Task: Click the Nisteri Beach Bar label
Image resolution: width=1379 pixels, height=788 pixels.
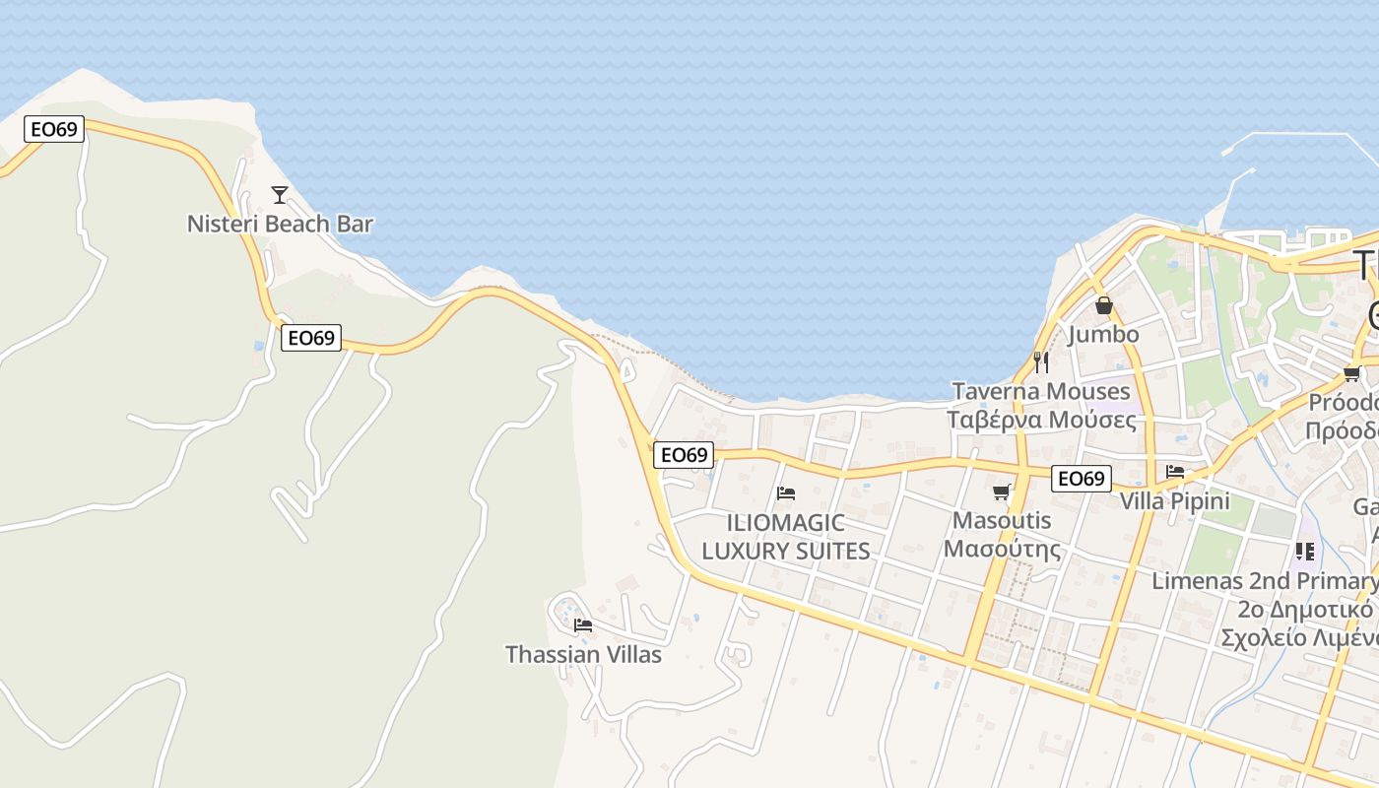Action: point(280,224)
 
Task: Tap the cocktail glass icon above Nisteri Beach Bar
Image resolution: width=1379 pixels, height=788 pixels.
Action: point(280,195)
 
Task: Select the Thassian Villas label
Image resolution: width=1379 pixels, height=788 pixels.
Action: point(583,654)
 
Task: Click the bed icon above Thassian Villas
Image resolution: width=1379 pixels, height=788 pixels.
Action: point(583,624)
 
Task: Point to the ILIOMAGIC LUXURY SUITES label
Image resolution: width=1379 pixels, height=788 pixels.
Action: point(786,537)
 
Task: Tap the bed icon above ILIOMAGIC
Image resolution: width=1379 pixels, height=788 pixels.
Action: point(786,492)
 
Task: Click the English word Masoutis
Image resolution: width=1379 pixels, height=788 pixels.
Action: point(1003,520)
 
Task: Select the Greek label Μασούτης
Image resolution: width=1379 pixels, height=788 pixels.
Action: point(1003,548)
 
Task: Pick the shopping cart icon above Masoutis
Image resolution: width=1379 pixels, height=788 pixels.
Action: point(1002,492)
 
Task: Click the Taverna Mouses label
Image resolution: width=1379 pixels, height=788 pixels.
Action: point(1041,391)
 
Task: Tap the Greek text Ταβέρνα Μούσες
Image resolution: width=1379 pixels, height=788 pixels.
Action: point(1041,420)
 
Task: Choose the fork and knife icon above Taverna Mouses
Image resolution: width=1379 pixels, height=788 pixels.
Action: point(1041,362)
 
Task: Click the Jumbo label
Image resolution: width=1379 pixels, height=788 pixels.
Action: point(1103,334)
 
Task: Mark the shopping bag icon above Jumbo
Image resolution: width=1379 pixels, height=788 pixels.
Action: point(1103,305)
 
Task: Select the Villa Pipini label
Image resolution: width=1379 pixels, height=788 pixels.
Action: point(1174,500)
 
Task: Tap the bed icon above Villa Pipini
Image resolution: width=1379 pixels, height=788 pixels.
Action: point(1174,472)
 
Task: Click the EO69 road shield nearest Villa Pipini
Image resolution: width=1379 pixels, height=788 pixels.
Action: point(1081,479)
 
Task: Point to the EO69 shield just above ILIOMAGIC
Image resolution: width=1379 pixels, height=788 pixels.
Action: point(684,454)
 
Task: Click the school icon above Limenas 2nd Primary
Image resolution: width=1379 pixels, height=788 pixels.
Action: point(1305,552)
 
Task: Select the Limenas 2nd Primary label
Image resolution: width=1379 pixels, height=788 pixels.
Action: point(1265,580)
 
